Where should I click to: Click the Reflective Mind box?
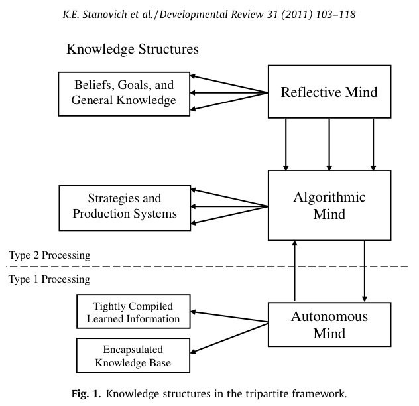[x=329, y=92]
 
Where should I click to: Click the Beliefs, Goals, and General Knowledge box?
[x=125, y=92]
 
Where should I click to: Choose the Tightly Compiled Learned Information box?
[x=133, y=312]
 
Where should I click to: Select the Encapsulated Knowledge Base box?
[x=133, y=355]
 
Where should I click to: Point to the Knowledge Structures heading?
[x=133, y=50]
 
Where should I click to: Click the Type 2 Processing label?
[x=50, y=255]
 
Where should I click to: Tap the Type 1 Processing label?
[x=50, y=279]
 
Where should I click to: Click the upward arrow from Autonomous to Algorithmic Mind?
[x=294, y=271]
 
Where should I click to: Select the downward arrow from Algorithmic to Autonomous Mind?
[x=364, y=271]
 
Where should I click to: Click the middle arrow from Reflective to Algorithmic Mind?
[x=329, y=144]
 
